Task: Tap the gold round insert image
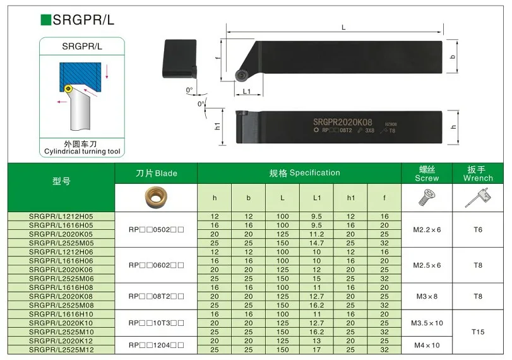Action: pos(155,197)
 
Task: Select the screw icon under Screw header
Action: pos(426,198)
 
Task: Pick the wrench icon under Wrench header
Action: pos(477,198)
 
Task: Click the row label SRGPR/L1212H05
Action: pos(61,216)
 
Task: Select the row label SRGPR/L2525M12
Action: pos(61,349)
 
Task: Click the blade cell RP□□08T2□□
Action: pos(155,296)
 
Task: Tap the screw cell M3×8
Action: pos(426,296)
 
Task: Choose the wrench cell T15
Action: pos(477,332)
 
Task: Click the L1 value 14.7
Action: pos(316,243)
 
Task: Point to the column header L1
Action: pos(316,198)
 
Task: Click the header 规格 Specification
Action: pos(299,172)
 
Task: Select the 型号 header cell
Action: pos(61,181)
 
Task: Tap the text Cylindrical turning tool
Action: pos(82,152)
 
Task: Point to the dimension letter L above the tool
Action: pos(343,28)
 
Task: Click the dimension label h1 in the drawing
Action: pos(217,127)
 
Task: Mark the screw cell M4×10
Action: pos(426,345)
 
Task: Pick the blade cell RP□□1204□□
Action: pos(155,345)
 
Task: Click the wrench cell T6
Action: pos(477,229)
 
